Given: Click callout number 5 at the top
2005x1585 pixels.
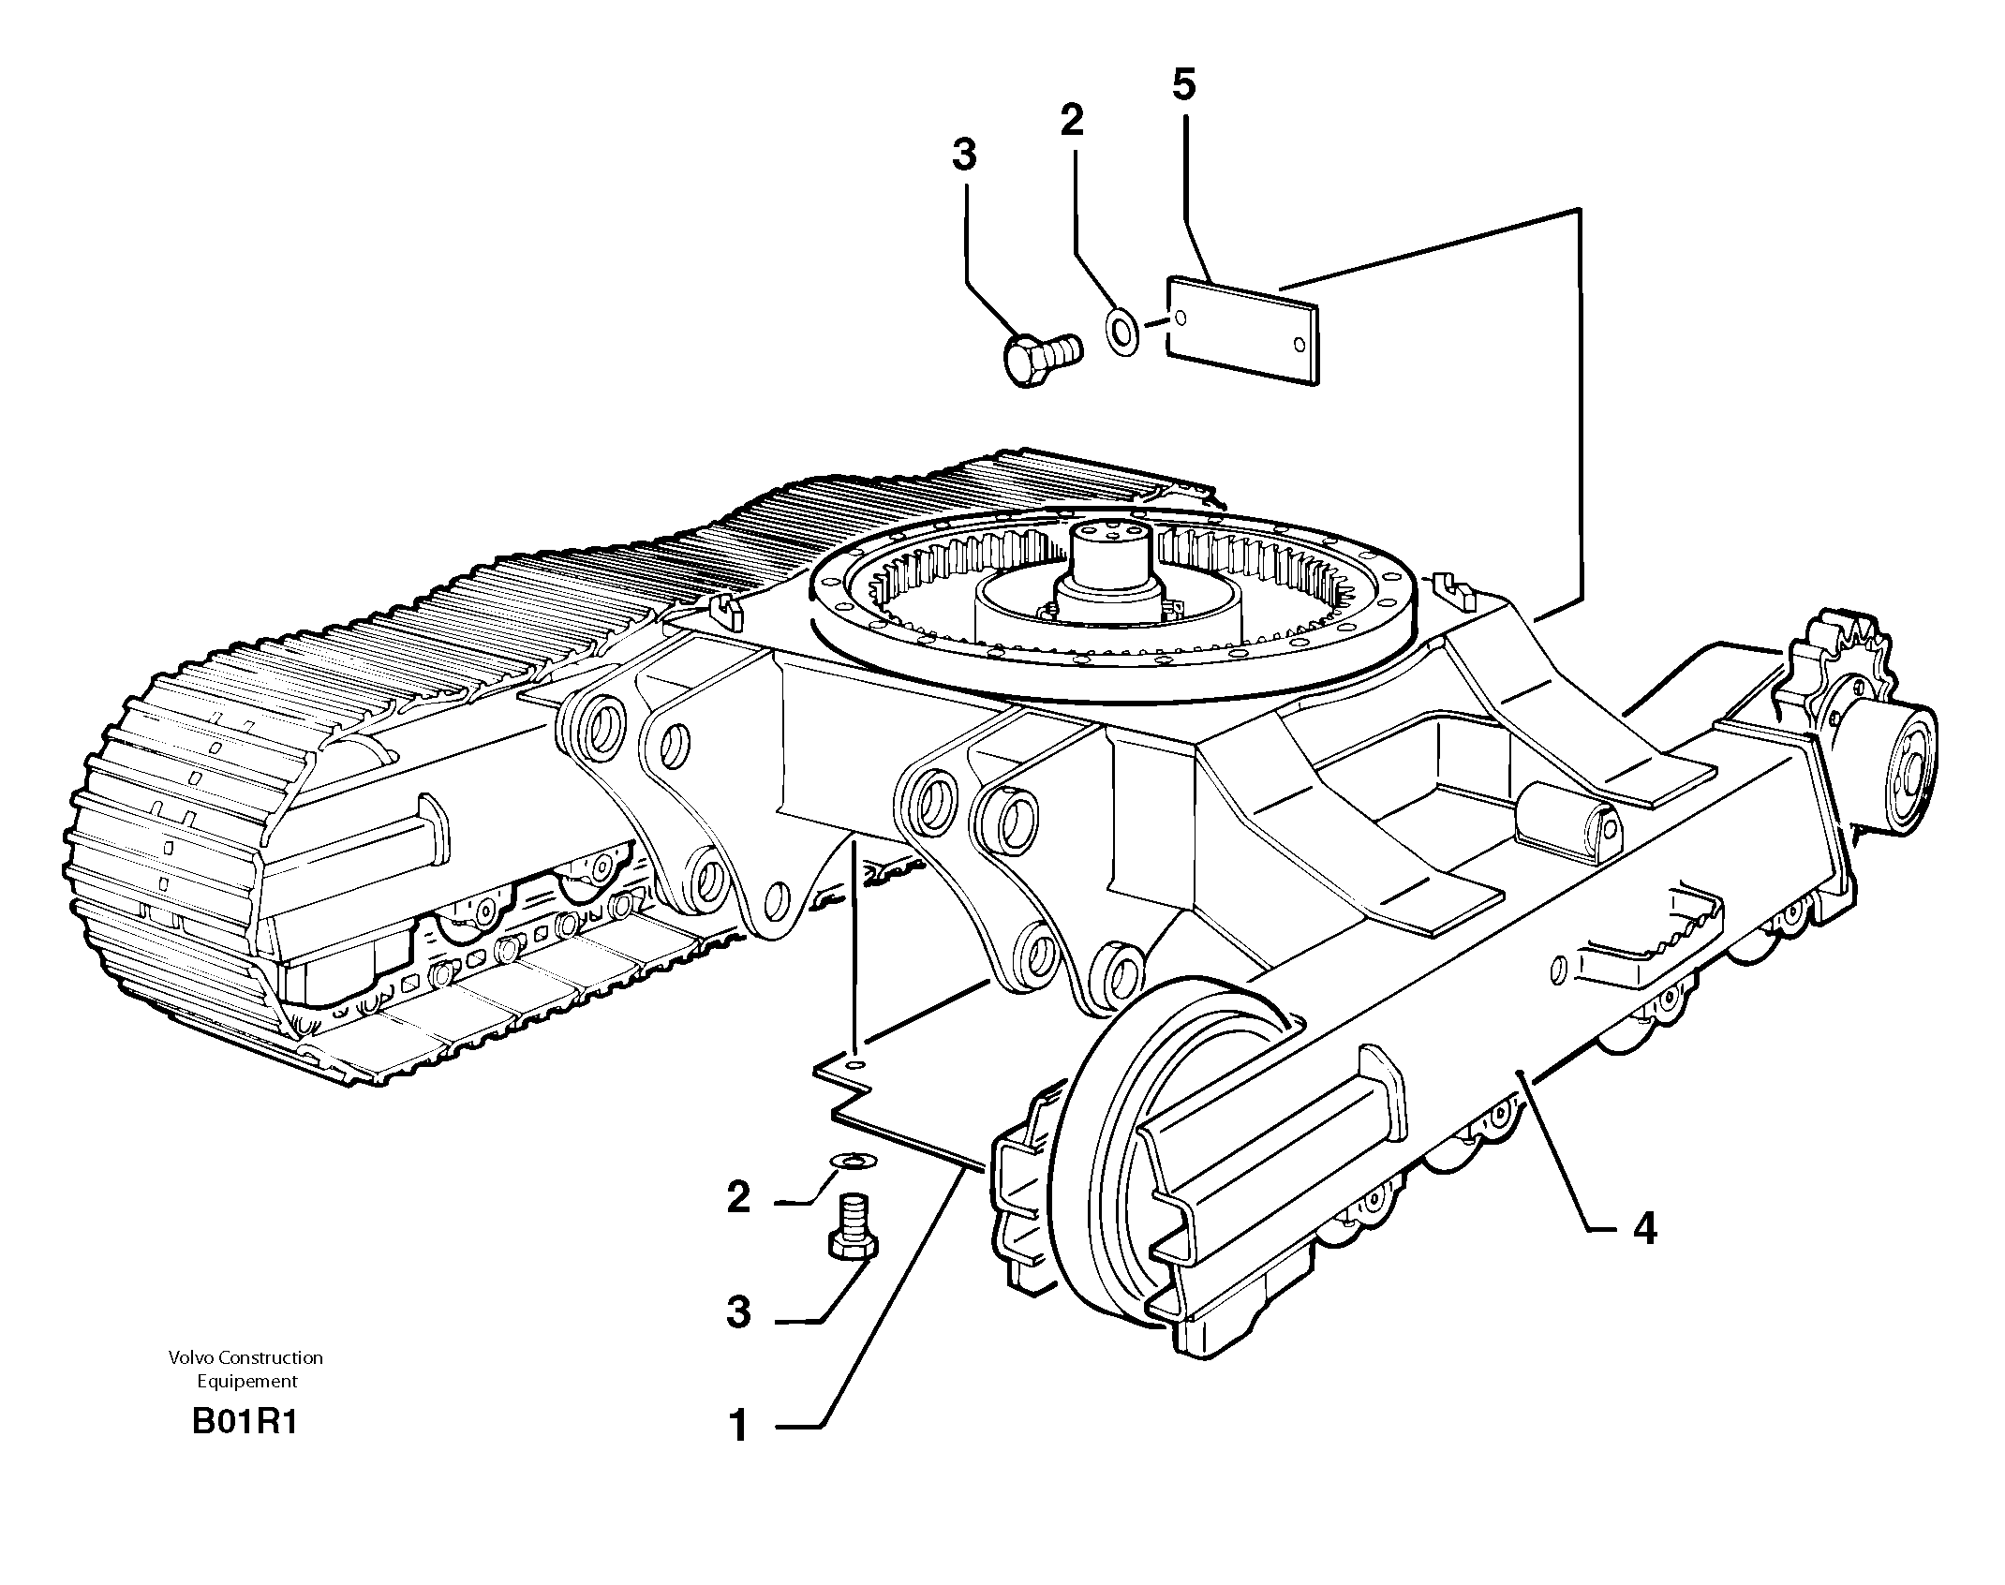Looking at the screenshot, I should click(x=1183, y=85).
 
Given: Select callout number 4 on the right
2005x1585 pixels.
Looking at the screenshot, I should click(x=1644, y=1228).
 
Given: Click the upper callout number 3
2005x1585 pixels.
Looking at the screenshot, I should click(x=964, y=155).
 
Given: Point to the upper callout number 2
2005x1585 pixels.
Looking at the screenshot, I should click(x=1072, y=120).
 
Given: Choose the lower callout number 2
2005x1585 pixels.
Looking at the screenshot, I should click(x=738, y=1198).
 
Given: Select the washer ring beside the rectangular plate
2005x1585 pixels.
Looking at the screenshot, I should click(x=1122, y=331).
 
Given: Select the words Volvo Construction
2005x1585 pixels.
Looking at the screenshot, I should click(x=245, y=1357).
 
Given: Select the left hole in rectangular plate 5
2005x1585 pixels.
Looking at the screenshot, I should click(x=1181, y=318).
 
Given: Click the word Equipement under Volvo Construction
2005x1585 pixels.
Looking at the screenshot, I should click(x=246, y=1381).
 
